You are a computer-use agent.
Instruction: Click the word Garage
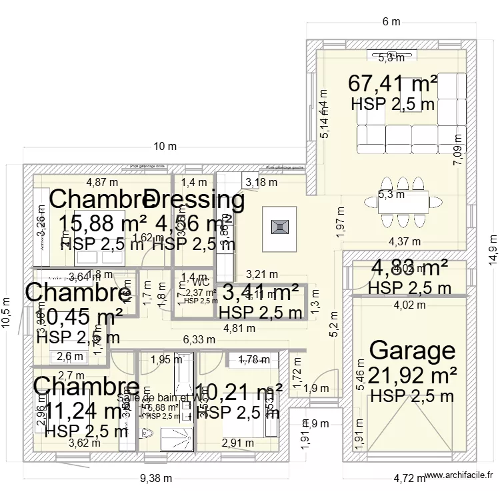tap(412, 350)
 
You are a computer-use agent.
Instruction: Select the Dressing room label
tap(194, 199)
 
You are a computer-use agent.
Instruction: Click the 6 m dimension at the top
tap(391, 21)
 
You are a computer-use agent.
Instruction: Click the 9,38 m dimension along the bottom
tap(156, 478)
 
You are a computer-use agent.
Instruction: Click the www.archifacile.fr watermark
tap(459, 475)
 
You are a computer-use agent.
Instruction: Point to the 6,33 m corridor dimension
tap(199, 339)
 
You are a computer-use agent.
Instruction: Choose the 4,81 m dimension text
tap(239, 327)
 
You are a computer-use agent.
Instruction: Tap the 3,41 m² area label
tap(260, 292)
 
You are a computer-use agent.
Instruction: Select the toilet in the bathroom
tap(147, 435)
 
